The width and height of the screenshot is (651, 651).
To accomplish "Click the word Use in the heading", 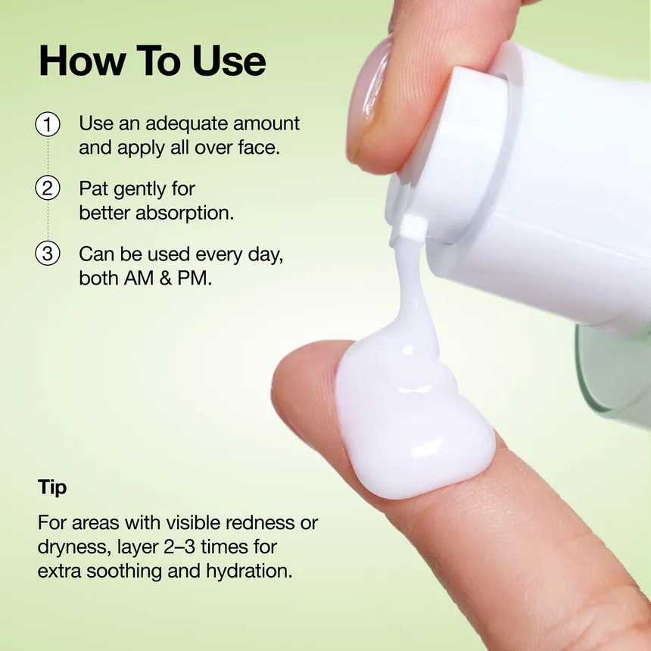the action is point(229,61).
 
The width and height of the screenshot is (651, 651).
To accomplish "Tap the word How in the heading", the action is point(83,61).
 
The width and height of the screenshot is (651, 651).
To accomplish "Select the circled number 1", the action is point(48,124).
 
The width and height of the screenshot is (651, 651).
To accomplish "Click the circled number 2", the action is point(48,188).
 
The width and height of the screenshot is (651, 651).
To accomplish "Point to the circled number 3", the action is point(48,254).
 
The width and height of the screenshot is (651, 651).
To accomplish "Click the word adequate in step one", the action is point(187,124).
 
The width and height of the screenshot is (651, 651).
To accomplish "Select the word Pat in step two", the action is point(93,189).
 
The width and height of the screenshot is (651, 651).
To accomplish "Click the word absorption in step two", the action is point(185,213).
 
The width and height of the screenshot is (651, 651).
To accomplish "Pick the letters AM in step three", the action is point(139,279).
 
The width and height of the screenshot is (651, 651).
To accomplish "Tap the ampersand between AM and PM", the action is point(166,279).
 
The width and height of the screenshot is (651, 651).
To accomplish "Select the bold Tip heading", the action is point(52,487).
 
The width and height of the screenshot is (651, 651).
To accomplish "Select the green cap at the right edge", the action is point(615,374).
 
